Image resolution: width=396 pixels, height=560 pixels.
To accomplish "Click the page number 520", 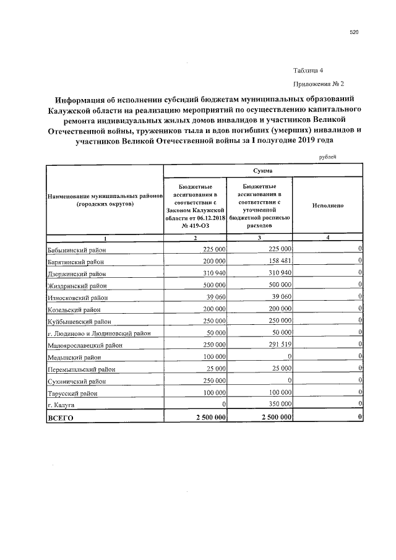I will tap(354, 32).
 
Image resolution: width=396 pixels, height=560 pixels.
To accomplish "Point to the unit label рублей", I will tap(327, 157).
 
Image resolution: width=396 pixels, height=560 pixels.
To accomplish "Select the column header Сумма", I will tap(262, 170).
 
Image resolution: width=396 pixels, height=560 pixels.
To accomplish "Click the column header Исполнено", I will tap(327, 205).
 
